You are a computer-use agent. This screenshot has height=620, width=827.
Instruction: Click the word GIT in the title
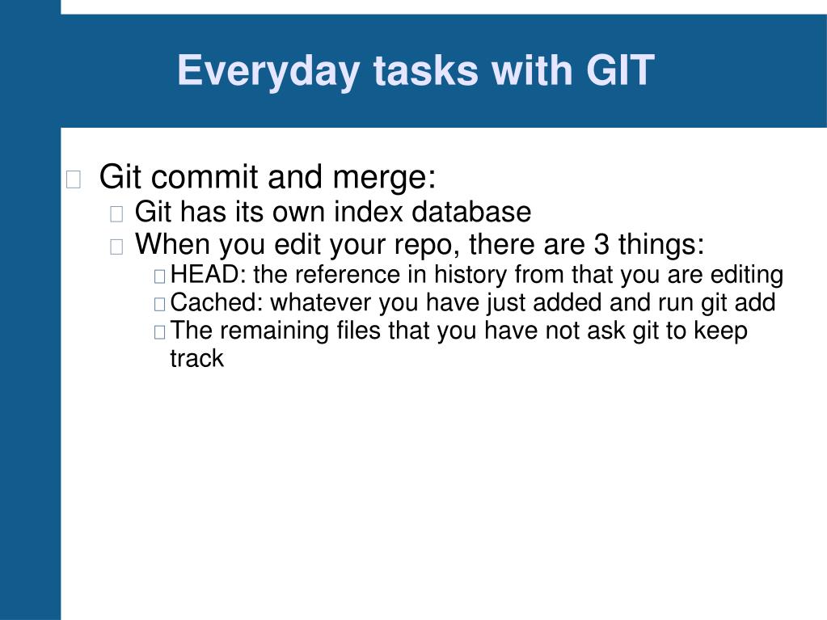click(x=620, y=70)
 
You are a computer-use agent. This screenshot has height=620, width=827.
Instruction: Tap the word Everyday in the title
click(x=269, y=72)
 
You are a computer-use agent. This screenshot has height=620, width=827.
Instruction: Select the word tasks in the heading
click(x=426, y=70)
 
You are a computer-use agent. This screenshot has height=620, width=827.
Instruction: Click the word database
click(x=471, y=212)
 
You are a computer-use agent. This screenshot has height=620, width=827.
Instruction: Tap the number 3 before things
click(x=601, y=244)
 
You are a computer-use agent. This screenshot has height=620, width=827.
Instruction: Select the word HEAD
click(x=205, y=275)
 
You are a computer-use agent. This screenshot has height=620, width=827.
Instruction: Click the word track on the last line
click(x=196, y=359)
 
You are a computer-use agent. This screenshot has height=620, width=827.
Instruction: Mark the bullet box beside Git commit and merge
click(x=74, y=179)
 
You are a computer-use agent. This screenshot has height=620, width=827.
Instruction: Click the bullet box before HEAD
click(x=160, y=276)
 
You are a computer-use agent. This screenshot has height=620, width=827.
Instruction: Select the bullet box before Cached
click(x=160, y=304)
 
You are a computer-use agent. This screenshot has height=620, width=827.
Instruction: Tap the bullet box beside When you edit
click(x=116, y=247)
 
